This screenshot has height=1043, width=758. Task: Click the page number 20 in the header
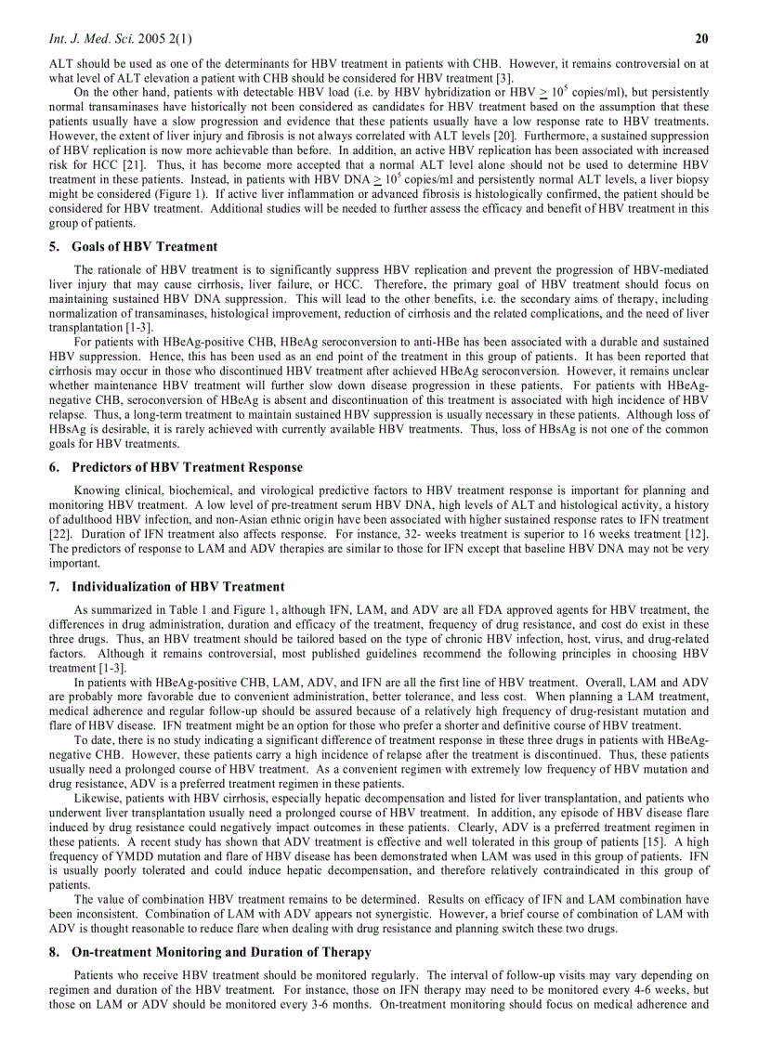(702, 38)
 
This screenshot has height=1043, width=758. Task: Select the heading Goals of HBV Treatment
(144, 247)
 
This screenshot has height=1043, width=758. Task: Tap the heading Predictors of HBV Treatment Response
(187, 467)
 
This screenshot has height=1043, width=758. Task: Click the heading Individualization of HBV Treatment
(177, 587)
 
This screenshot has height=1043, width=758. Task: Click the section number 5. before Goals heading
(55, 247)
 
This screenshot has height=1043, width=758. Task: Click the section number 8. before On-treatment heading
(55, 952)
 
